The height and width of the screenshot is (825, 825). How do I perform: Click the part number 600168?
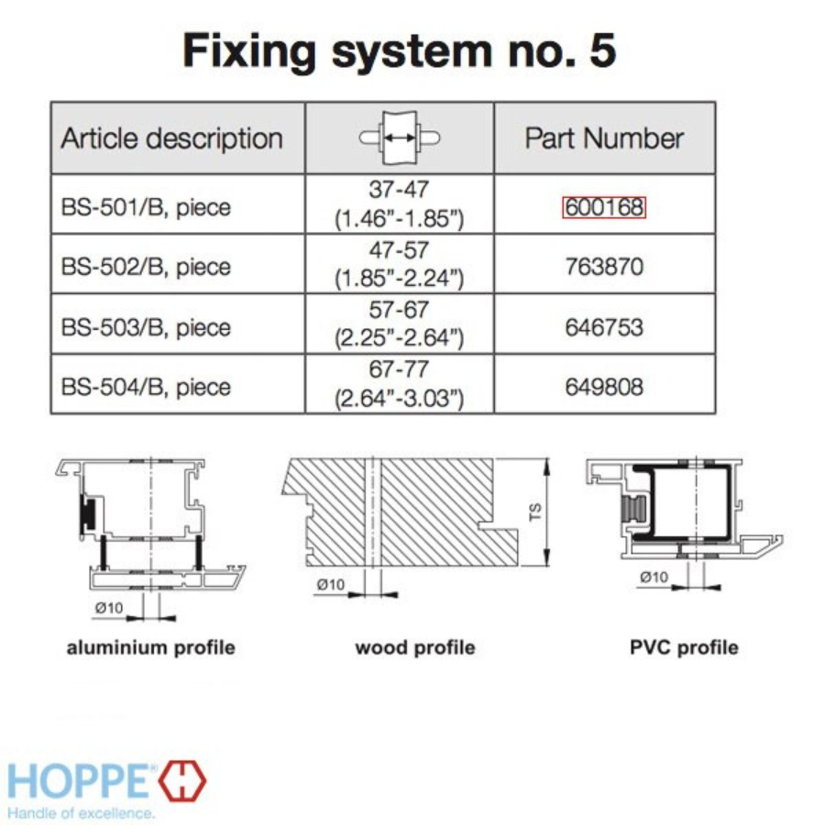click(604, 208)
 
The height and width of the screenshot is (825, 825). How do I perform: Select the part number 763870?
click(604, 267)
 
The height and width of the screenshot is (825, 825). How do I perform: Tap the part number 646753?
click(604, 327)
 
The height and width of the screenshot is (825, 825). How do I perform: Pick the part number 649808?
click(604, 386)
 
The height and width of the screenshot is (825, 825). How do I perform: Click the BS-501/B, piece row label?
click(146, 208)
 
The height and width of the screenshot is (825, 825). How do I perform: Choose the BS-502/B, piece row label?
click(146, 267)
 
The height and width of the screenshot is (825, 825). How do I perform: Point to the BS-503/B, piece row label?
click(146, 327)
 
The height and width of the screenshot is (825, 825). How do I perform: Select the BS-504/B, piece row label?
click(146, 386)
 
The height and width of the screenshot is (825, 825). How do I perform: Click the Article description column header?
click(171, 139)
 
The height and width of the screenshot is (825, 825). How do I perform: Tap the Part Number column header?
click(604, 139)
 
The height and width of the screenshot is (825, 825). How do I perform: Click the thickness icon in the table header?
click(400, 137)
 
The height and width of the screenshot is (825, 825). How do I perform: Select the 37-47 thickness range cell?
click(400, 204)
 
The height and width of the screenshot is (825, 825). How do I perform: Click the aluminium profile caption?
click(151, 648)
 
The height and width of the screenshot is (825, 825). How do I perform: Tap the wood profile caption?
click(415, 648)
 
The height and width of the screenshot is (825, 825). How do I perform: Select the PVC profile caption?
click(684, 648)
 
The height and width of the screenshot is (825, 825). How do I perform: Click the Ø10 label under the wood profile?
click(330, 584)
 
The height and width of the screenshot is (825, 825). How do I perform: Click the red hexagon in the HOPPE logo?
click(183, 780)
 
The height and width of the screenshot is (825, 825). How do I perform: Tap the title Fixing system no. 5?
click(400, 50)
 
